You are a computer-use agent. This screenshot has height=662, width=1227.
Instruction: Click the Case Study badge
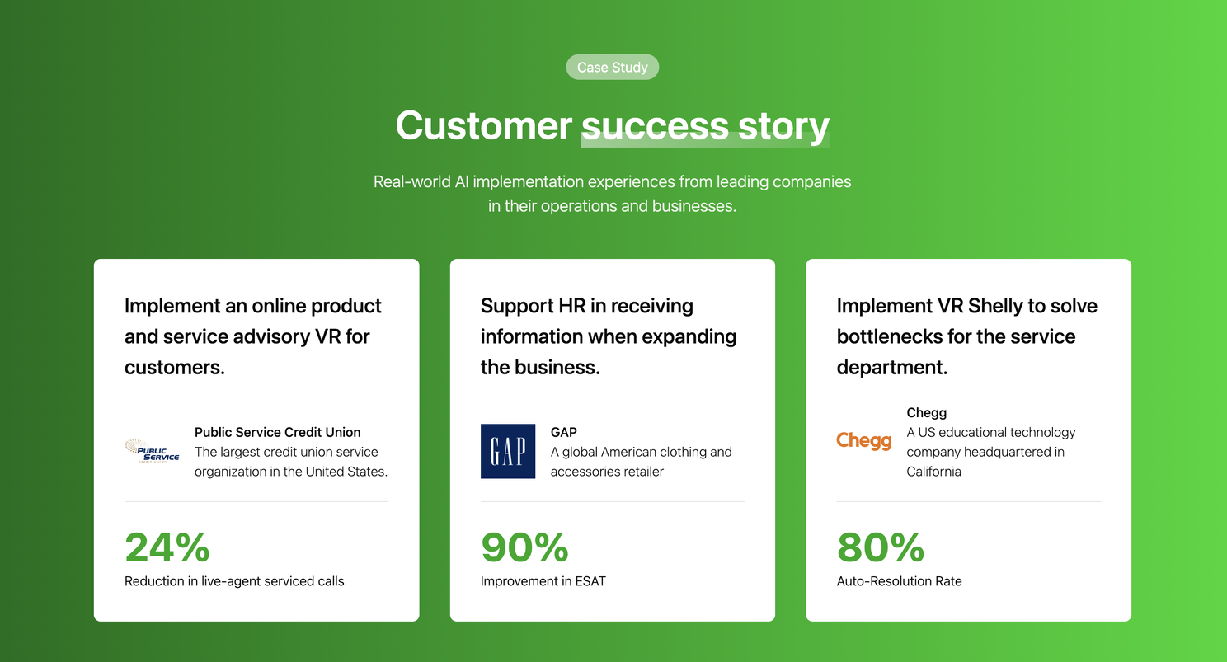(613, 67)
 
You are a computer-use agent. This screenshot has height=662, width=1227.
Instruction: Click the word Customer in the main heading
(484, 125)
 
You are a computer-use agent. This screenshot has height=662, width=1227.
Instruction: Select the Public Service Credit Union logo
(152, 451)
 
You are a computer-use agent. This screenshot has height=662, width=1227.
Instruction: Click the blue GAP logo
(508, 451)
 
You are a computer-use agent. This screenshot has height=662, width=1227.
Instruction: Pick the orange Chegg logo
(864, 441)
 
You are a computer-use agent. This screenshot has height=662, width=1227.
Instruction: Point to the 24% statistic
(167, 547)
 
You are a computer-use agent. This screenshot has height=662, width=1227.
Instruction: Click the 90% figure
(524, 547)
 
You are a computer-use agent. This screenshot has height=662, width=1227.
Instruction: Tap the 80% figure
(881, 547)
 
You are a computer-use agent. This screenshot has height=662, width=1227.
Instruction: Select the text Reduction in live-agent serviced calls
(234, 581)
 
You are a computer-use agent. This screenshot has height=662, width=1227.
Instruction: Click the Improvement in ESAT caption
(543, 581)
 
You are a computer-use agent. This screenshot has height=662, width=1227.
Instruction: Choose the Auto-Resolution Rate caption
(899, 581)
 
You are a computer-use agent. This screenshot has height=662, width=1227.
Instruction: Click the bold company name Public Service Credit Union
(277, 432)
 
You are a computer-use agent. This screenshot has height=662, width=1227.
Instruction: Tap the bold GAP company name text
(564, 432)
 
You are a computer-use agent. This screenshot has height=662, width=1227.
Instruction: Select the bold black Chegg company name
(926, 412)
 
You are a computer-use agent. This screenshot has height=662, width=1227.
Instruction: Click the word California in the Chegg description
(933, 472)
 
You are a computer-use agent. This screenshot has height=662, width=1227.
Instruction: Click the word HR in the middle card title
(571, 306)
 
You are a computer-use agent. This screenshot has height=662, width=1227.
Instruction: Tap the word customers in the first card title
(175, 368)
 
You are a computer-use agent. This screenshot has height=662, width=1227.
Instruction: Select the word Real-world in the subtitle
(412, 181)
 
